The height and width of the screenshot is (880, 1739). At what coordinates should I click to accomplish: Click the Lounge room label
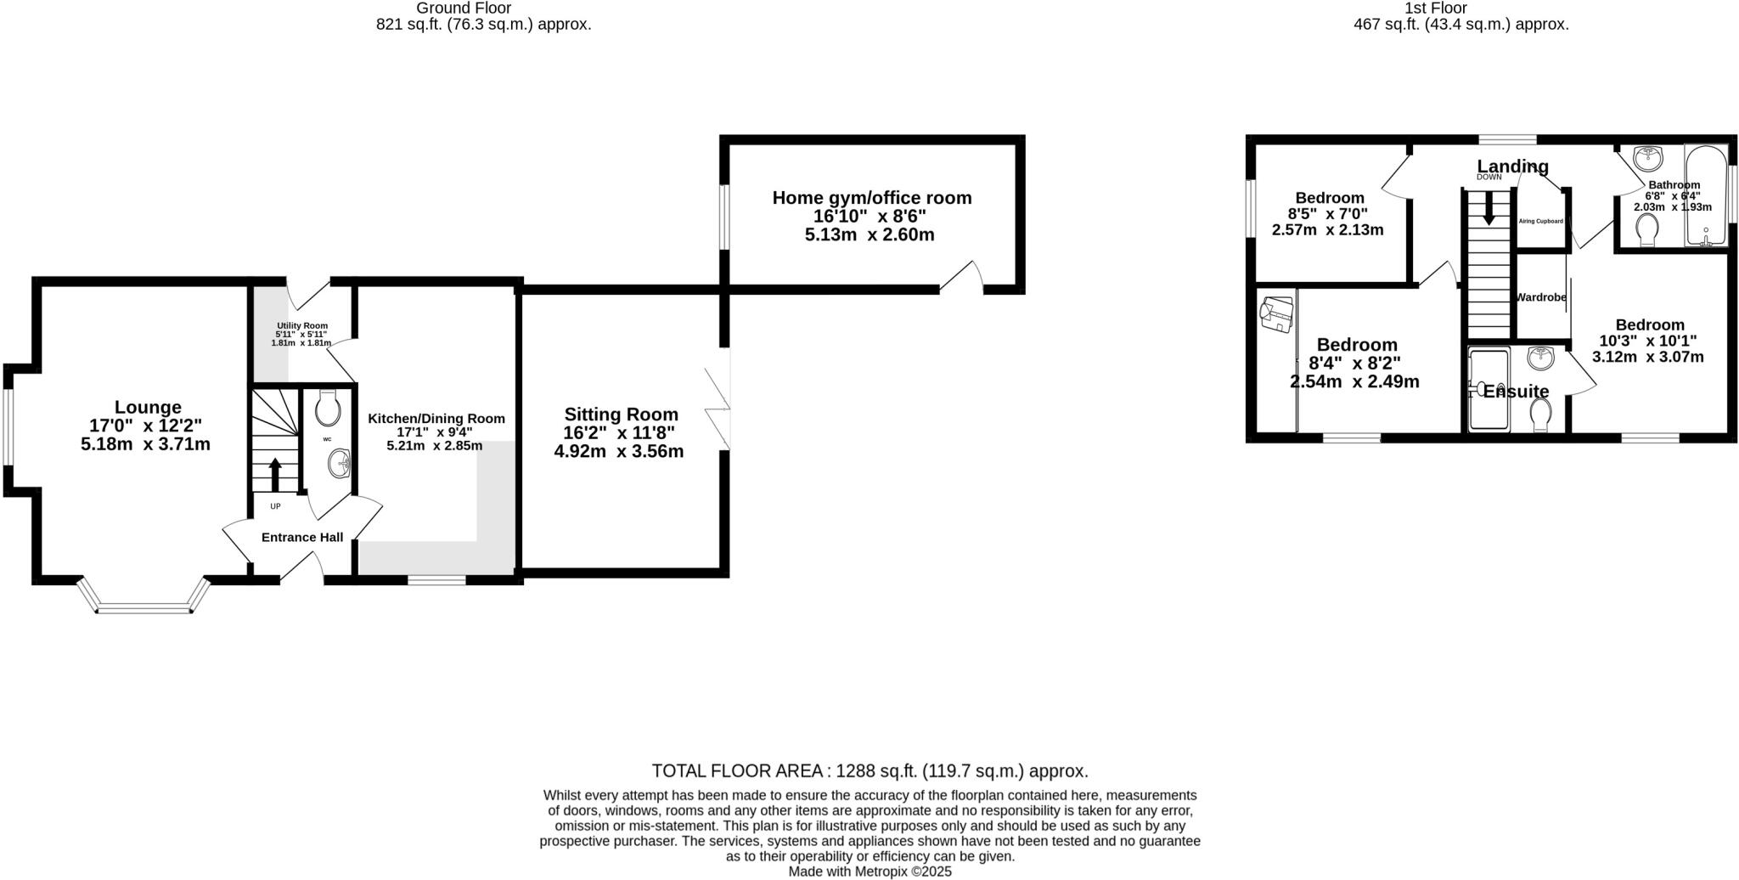[x=148, y=408]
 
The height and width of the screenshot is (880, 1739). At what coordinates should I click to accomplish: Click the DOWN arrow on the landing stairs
[x=1489, y=208]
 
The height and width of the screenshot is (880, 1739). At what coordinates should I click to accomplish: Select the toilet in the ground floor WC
[x=327, y=409]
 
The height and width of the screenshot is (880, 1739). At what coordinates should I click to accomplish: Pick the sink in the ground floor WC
[x=340, y=464]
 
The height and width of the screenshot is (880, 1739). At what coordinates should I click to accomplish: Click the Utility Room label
[x=301, y=325]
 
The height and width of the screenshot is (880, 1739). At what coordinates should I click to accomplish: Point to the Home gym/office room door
[x=960, y=276]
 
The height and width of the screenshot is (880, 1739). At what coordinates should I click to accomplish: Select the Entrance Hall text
[x=302, y=537]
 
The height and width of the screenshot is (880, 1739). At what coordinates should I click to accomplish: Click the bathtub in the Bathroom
[x=1705, y=197]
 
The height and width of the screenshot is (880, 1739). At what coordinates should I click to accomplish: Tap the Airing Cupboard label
[x=1541, y=221]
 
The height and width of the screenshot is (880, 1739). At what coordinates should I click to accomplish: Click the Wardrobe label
[x=1541, y=297]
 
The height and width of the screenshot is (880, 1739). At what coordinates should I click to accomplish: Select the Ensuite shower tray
[x=1489, y=390]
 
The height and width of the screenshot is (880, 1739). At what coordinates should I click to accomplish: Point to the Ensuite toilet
[x=1541, y=415]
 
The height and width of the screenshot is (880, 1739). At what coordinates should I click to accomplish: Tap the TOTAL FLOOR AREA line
[x=869, y=771]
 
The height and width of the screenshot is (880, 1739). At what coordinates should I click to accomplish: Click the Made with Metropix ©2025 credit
[x=869, y=872]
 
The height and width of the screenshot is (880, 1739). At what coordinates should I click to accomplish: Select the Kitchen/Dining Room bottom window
[x=436, y=580]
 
